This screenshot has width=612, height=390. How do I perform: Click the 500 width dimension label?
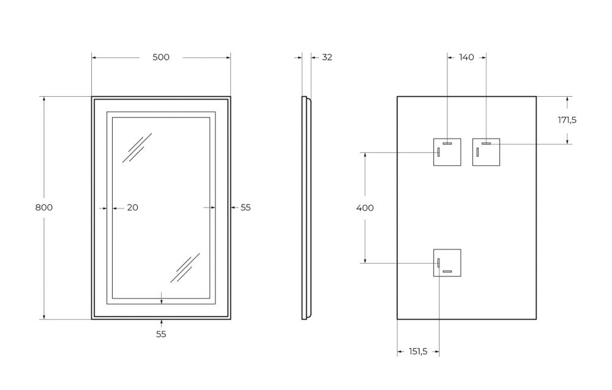pyautogui.click(x=161, y=58)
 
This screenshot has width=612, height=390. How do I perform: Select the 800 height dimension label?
pyautogui.click(x=43, y=208)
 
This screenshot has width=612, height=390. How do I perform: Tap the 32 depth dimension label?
pyautogui.click(x=327, y=58)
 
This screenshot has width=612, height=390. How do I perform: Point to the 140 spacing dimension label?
pyautogui.click(x=466, y=58)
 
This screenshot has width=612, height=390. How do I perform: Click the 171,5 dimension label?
pyautogui.click(x=567, y=120)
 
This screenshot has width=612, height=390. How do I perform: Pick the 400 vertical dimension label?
pyautogui.click(x=365, y=208)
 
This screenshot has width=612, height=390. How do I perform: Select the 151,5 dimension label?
pyautogui.click(x=418, y=352)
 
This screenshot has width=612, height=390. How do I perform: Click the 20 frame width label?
pyautogui.click(x=133, y=208)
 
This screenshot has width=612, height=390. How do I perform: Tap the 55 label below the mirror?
pyautogui.click(x=161, y=334)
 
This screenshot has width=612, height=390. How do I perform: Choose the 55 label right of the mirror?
pyautogui.click(x=245, y=208)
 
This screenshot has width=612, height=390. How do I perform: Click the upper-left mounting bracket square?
pyautogui.click(x=447, y=152)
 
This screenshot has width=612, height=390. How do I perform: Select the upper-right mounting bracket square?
pyautogui.click(x=487, y=152)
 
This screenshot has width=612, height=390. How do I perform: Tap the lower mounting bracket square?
pyautogui.click(x=447, y=263)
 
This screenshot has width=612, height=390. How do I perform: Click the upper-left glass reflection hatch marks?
pyautogui.click(x=137, y=148)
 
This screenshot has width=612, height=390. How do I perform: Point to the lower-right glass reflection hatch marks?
pyautogui.click(x=185, y=268)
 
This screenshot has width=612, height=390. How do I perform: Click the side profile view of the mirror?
pyautogui.click(x=307, y=208)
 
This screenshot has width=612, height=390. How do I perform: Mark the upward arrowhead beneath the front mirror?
pyautogui.click(x=162, y=323)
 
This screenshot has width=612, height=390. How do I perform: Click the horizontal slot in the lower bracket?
pyautogui.click(x=447, y=272)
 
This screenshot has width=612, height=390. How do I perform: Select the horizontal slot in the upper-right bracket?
pyautogui.click(x=487, y=144)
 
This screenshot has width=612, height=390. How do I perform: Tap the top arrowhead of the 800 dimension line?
pyautogui.click(x=44, y=100)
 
